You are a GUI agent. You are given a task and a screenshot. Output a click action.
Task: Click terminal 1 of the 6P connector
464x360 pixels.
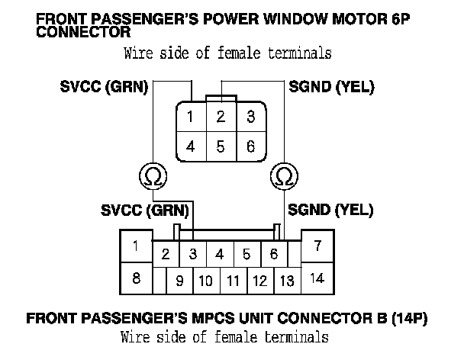190,117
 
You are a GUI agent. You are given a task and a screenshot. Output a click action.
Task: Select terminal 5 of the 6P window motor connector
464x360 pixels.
220,146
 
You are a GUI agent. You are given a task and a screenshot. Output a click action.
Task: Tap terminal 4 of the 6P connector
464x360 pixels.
190,146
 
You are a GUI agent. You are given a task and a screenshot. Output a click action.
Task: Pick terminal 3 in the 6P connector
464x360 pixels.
250,117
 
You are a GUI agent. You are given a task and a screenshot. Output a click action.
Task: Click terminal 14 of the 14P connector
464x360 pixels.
317,278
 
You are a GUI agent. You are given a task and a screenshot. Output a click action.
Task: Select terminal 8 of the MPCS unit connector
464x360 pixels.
135,278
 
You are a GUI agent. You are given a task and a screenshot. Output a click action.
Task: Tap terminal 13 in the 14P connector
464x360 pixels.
287,281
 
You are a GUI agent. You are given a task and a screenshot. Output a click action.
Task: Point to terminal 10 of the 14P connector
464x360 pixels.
205,281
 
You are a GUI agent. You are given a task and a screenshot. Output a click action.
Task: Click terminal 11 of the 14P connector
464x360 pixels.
233,281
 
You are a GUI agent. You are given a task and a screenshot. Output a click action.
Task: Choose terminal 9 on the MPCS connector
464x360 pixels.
179,281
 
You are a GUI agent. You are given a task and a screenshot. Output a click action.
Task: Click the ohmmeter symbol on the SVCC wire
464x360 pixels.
152,177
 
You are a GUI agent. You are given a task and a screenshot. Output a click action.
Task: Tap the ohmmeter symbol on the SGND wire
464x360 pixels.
282,177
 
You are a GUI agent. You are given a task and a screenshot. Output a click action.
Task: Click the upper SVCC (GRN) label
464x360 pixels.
105,87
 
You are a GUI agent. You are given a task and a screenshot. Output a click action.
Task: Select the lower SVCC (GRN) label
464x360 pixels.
145,209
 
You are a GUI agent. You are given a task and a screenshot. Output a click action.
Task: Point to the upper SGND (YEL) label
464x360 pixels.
332,87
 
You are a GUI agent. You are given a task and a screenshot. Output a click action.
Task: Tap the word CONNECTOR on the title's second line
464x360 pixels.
82,33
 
